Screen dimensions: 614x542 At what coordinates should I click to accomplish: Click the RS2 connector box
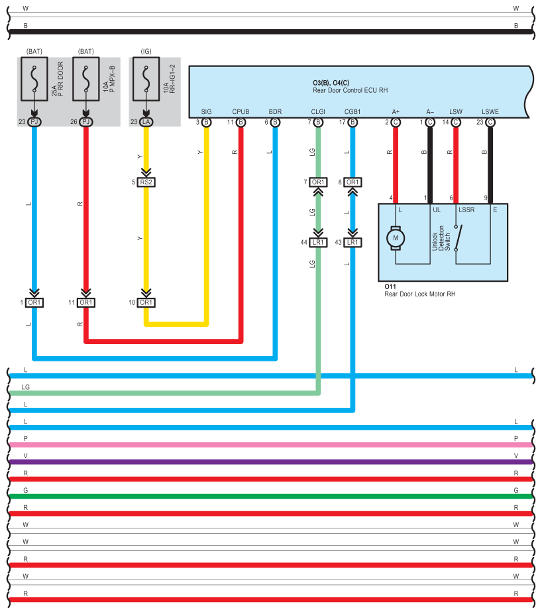146,182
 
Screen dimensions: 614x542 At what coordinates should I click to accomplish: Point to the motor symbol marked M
396,237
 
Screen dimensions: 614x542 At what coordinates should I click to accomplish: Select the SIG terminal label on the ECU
206,111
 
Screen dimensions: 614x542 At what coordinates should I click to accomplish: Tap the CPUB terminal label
241,111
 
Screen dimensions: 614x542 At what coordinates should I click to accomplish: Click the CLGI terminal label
318,111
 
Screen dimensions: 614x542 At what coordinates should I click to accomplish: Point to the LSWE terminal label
490,111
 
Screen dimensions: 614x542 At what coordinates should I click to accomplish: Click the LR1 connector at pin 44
319,243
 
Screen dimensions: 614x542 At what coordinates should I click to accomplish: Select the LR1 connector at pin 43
352,243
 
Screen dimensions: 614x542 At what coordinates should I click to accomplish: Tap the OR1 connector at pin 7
319,182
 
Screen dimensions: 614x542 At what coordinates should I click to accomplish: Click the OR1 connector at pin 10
146,302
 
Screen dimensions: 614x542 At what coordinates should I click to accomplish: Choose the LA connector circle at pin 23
146,122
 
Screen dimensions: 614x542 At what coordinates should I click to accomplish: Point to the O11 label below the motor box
390,287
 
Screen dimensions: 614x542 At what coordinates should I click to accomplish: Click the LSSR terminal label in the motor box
466,210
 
